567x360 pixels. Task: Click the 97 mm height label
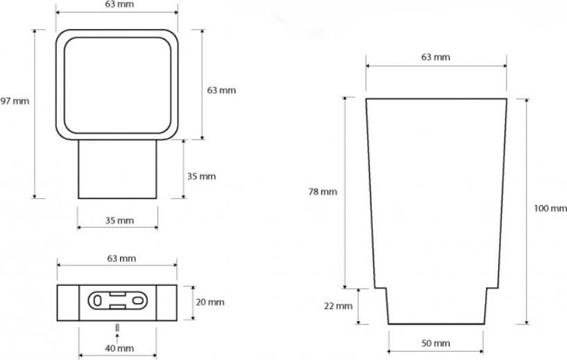pos(14,101)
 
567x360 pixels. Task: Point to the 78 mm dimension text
pos(323,191)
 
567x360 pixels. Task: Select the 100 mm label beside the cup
pos(550,208)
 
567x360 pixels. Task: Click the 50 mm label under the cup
pos(436,343)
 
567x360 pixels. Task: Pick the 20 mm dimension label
pos(210,302)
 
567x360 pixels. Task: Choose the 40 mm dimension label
pos(118,348)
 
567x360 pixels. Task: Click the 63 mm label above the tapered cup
pos(435,57)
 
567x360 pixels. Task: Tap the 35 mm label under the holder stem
pos(119,221)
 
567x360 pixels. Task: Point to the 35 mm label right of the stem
pos(201,176)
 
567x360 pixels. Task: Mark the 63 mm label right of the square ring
pos(221,90)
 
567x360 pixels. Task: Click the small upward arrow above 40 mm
pos(117,334)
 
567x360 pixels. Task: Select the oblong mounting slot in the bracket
pos(117,301)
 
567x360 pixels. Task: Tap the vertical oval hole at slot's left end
pos(96,301)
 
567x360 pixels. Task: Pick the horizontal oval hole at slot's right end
pos(138,301)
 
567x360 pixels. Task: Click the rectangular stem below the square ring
pos(117,169)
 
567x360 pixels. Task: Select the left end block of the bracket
pos(68,302)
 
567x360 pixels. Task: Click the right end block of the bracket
pos(167,302)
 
